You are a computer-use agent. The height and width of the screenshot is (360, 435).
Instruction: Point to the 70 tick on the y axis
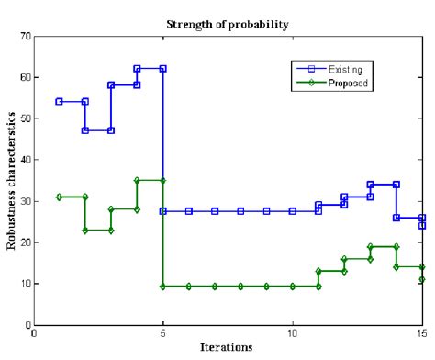click(24, 36)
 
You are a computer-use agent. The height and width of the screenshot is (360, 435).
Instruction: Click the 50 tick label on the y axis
click(24, 118)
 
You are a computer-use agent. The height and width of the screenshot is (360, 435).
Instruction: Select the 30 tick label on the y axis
click(24, 201)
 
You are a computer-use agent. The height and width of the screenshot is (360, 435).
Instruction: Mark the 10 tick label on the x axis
click(293, 334)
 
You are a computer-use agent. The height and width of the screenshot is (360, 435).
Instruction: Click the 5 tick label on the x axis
click(163, 334)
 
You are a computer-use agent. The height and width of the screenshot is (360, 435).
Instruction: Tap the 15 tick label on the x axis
click(421, 334)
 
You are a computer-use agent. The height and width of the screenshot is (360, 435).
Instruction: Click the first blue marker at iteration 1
click(60, 101)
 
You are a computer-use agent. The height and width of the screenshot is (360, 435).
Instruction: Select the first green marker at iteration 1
click(60, 197)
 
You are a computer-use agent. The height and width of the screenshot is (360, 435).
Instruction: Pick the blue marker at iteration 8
click(240, 211)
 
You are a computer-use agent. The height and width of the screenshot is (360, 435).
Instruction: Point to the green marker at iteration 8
click(240, 287)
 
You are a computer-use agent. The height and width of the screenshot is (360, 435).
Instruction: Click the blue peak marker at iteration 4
click(137, 69)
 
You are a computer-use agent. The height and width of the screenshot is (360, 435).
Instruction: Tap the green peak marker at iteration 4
click(137, 181)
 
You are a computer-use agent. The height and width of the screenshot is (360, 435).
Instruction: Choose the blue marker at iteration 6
click(189, 211)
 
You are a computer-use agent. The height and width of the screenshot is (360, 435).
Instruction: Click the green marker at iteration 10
click(293, 287)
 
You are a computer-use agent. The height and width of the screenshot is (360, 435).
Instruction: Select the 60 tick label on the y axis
click(24, 77)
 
